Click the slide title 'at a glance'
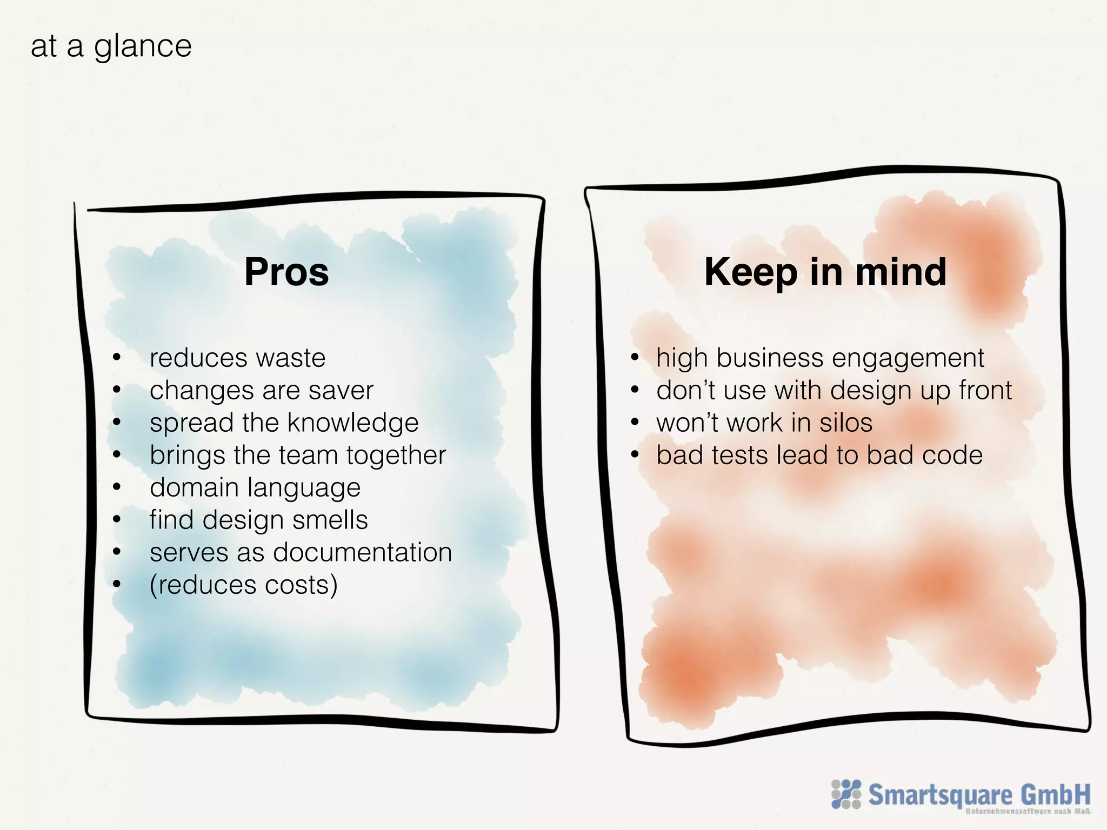(111, 46)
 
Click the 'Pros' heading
(286, 271)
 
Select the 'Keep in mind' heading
(825, 271)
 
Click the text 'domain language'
(255, 488)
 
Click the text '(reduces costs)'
(244, 585)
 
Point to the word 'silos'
(846, 423)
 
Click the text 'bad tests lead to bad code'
(819, 456)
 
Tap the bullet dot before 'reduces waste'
(117, 357)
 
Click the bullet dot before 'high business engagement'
(635, 357)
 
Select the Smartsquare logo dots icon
(846, 794)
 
